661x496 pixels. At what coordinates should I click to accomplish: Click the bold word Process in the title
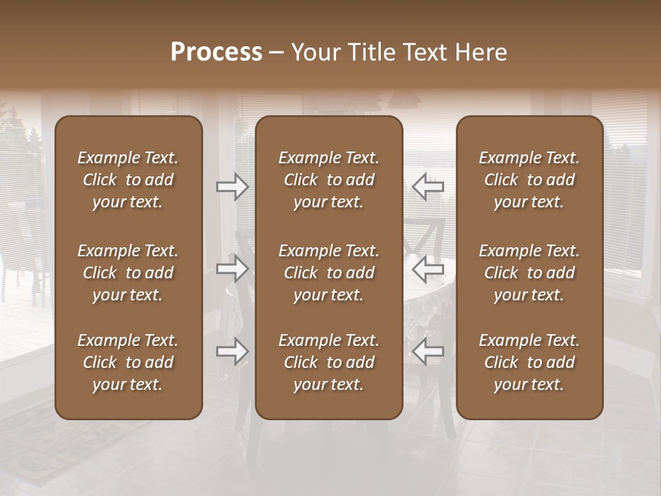[x=216, y=52]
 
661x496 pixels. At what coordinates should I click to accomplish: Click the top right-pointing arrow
[x=233, y=187]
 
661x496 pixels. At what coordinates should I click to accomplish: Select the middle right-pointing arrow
[x=233, y=269]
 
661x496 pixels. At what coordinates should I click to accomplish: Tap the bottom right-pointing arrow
[x=233, y=352]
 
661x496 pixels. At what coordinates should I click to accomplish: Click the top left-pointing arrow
[x=428, y=187]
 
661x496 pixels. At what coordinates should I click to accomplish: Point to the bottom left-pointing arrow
[x=428, y=352]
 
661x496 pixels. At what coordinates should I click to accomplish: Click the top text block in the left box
[x=128, y=180]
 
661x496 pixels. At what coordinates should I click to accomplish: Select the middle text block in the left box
[x=128, y=273]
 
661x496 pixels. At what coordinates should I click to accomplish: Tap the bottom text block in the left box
[x=128, y=362]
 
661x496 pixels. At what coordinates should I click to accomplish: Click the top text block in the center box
[x=329, y=180]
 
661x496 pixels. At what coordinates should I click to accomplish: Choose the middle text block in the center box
[x=329, y=273]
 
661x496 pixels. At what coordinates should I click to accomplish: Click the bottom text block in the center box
[x=329, y=362]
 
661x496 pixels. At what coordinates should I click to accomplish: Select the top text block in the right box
[x=529, y=180]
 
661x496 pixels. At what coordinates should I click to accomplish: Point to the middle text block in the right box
[x=529, y=273]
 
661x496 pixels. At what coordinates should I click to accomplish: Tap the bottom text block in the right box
[x=529, y=362]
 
